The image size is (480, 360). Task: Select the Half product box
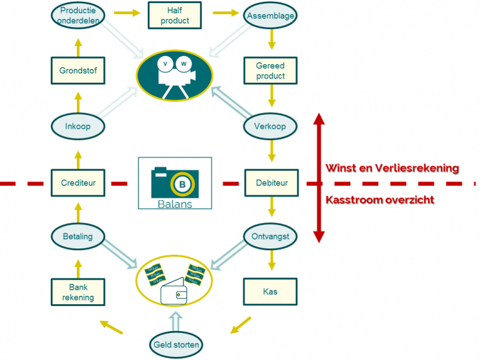[x=175, y=16]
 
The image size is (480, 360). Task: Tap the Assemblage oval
[x=271, y=16]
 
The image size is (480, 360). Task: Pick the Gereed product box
[x=271, y=71]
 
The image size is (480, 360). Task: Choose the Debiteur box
[x=271, y=182]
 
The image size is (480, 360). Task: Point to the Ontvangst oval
[x=271, y=236]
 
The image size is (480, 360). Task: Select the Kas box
[x=271, y=292]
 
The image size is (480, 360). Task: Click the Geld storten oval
[x=175, y=345]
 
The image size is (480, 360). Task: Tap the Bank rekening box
[x=78, y=292]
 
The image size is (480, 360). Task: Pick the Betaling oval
[x=78, y=236]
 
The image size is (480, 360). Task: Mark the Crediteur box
[x=78, y=182]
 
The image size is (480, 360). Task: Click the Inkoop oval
[x=78, y=127]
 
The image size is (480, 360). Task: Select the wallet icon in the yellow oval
[x=175, y=293]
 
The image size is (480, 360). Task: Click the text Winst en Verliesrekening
[x=392, y=168]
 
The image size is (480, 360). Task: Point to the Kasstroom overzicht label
[x=380, y=200]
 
